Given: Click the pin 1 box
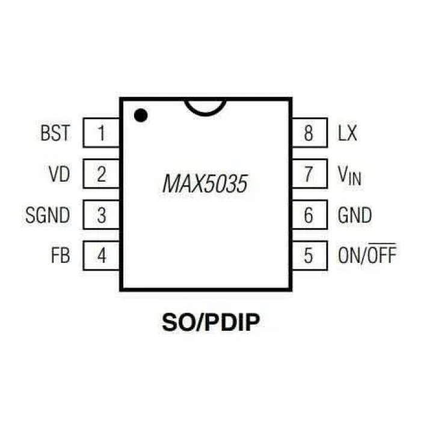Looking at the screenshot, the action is click(101, 133).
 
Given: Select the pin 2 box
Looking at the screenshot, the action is click(101, 174).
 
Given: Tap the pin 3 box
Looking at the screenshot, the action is click(101, 215).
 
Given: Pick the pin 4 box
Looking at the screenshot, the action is click(101, 256).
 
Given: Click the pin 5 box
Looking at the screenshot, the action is click(310, 256).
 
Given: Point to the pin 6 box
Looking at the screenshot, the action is click(310, 215).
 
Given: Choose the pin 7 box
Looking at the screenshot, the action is click(310, 174).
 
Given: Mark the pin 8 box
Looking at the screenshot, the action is click(310, 133).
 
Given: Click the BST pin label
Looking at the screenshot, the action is click(55, 133).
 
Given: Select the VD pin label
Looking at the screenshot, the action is click(60, 174).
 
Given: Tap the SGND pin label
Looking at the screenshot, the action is click(48, 215).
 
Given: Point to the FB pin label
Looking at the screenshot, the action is click(61, 256).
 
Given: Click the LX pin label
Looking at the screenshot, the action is click(348, 133).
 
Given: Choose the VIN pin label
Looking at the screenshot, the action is click(349, 176).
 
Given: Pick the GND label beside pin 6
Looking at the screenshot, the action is click(355, 215).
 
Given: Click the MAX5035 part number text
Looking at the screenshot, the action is click(205, 184).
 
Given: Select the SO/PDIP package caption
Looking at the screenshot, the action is click(210, 322).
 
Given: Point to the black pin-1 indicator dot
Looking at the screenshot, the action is click(141, 115).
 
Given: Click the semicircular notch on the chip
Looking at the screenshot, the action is click(205, 114).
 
